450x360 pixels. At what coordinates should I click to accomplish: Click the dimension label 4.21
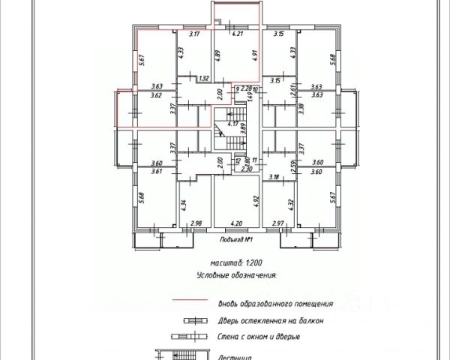[239, 34]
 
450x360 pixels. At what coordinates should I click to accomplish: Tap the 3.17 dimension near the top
[197, 34]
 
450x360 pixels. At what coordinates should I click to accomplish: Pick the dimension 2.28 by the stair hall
[246, 88]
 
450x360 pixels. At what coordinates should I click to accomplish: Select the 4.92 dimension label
[256, 200]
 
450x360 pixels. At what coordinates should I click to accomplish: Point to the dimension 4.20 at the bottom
[236, 223]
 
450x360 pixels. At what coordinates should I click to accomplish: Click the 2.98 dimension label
[197, 223]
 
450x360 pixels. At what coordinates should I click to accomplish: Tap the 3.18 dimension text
[274, 178]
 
